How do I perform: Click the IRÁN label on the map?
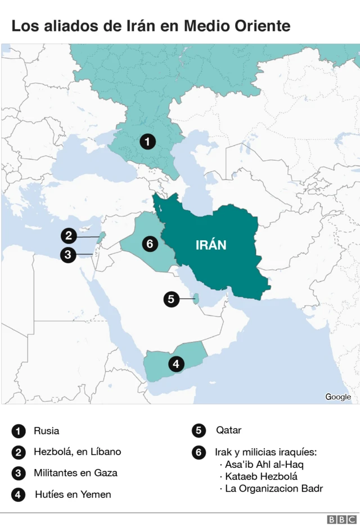pos(211,245)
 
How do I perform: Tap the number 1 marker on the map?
pos(147,142)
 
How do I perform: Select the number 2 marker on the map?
pos(69,236)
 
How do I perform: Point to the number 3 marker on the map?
pos(68,255)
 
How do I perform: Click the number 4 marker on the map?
pos(176,364)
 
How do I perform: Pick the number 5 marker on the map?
pos(171,299)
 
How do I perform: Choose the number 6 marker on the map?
pos(149,244)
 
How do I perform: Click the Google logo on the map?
pos(338,397)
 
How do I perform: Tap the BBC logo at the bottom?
pos(342,520)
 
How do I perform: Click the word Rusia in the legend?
pos(46,431)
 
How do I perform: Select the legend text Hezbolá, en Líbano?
pos(77,452)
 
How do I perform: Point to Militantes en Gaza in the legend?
pos(75,473)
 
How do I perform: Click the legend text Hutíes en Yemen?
pos(73,494)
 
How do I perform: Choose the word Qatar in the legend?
pos(228,430)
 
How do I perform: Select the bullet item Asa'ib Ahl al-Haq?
pos(264,465)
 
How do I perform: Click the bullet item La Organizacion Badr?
pos(274,489)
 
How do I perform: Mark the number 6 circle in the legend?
pos(199,452)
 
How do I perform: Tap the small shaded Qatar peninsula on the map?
pos(195,299)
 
